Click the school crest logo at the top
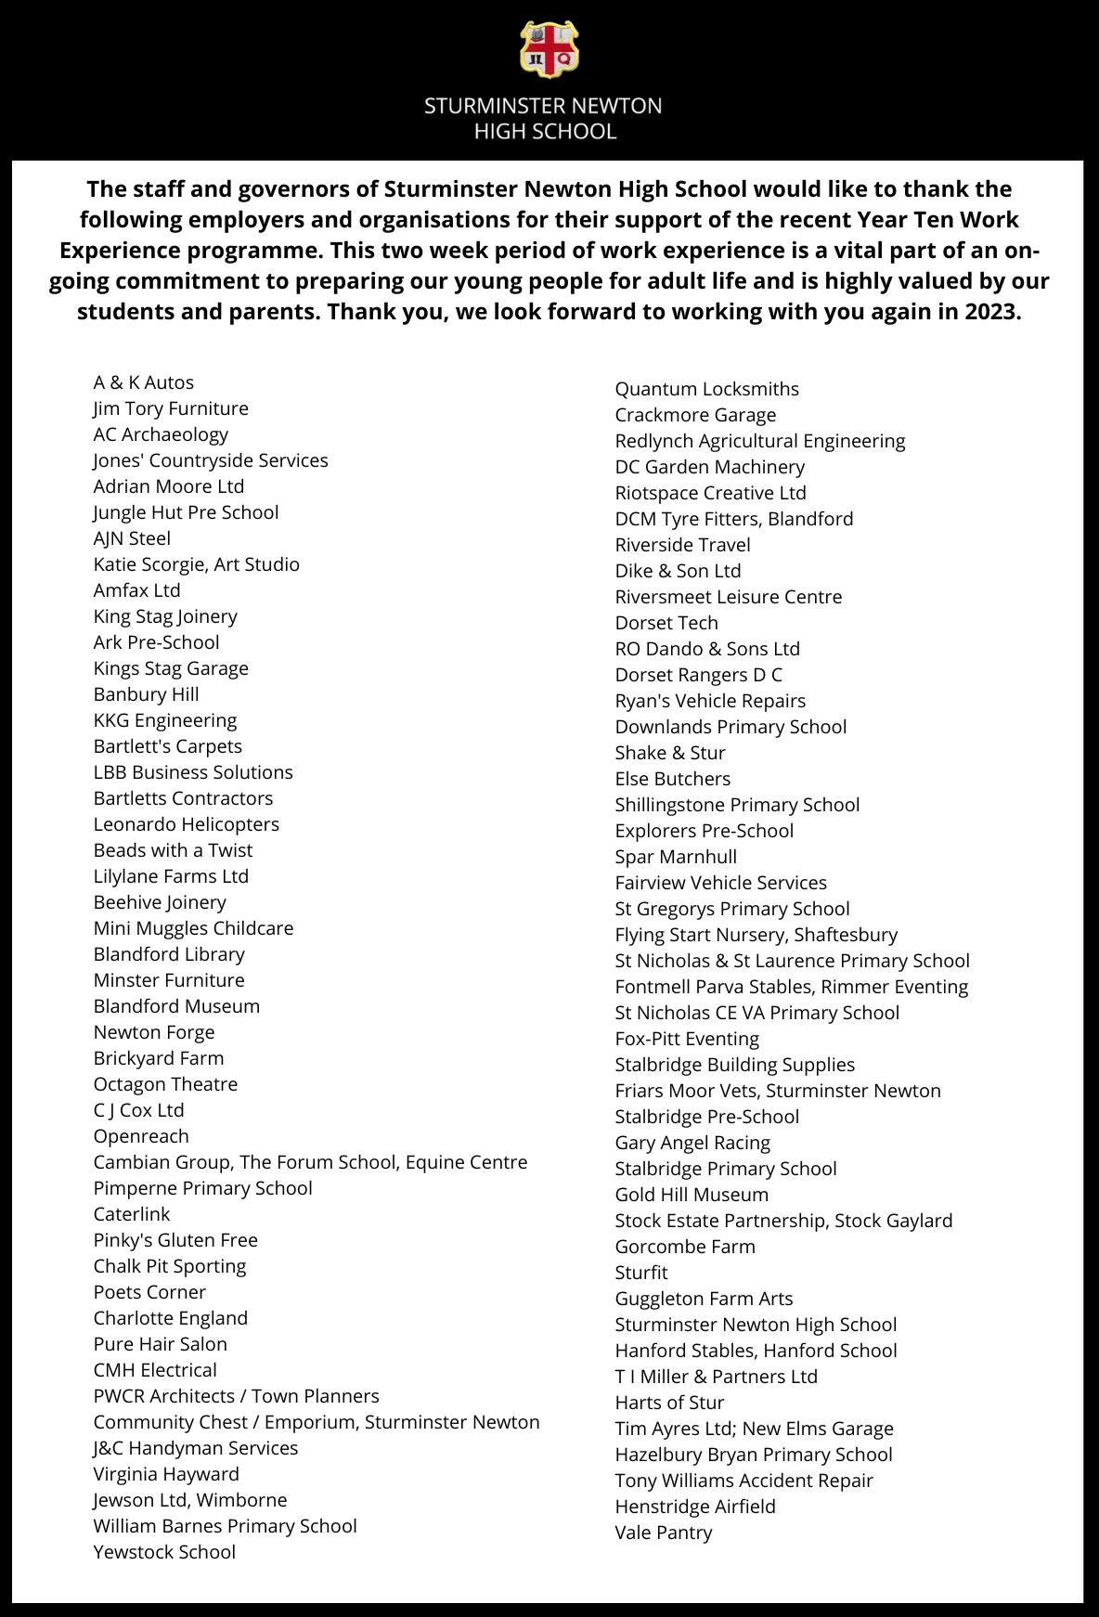(549, 49)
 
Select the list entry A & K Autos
(144, 382)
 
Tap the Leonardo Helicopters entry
(186, 824)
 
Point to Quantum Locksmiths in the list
(706, 389)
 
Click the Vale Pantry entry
(663, 1533)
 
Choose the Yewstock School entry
(164, 1552)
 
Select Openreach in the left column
(141, 1136)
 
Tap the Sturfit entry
(640, 1273)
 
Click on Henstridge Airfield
(694, 1507)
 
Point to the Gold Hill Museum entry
(692, 1195)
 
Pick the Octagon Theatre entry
(165, 1084)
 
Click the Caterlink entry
(132, 1214)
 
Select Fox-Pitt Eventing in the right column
(687, 1039)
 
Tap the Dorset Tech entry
(666, 623)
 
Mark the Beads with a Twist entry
(173, 850)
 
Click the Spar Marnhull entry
(676, 857)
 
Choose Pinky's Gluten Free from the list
(175, 1240)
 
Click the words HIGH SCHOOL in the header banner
(545, 132)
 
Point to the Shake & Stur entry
(670, 753)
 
